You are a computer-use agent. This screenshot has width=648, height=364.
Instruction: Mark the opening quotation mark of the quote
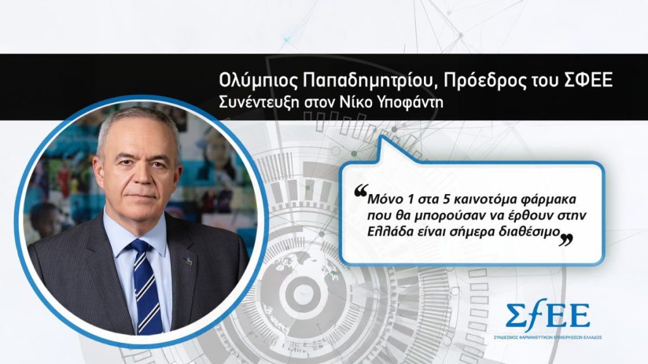[361, 190]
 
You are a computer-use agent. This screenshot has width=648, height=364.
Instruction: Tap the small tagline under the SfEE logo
[547, 337]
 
